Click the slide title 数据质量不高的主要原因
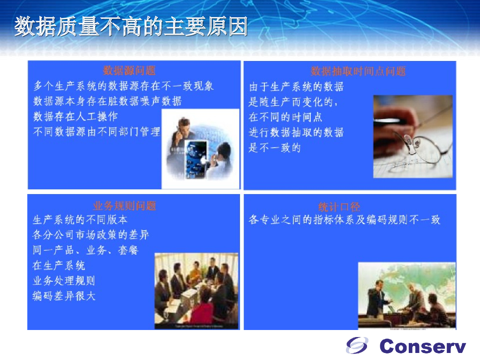pos(131,27)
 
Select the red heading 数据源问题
pos(129,71)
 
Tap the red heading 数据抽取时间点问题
pos(358,71)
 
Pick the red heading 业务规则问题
pos(124,205)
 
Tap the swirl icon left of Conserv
pos(357,345)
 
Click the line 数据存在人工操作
pos(75,116)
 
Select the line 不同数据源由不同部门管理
pos(97,132)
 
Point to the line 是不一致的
pos(275,148)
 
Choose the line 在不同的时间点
pos(285,117)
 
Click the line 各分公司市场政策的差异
pos(90,234)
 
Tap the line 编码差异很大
pos(64,296)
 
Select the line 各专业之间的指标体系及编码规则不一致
pos(345,219)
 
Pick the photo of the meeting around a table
pos(196,291)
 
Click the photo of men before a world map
pos(406,295)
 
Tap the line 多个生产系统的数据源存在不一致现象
pos(124,86)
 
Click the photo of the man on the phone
pos(200,149)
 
